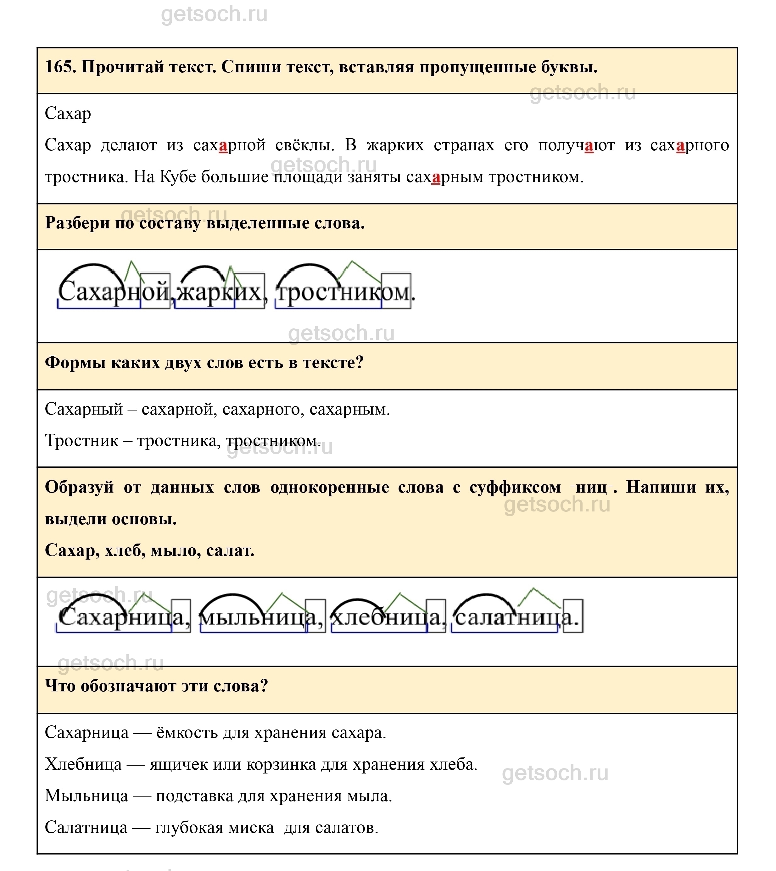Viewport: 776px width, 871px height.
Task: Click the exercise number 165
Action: [60, 67]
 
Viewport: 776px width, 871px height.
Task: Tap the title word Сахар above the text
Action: [68, 114]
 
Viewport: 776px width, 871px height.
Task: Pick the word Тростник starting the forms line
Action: [81, 441]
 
